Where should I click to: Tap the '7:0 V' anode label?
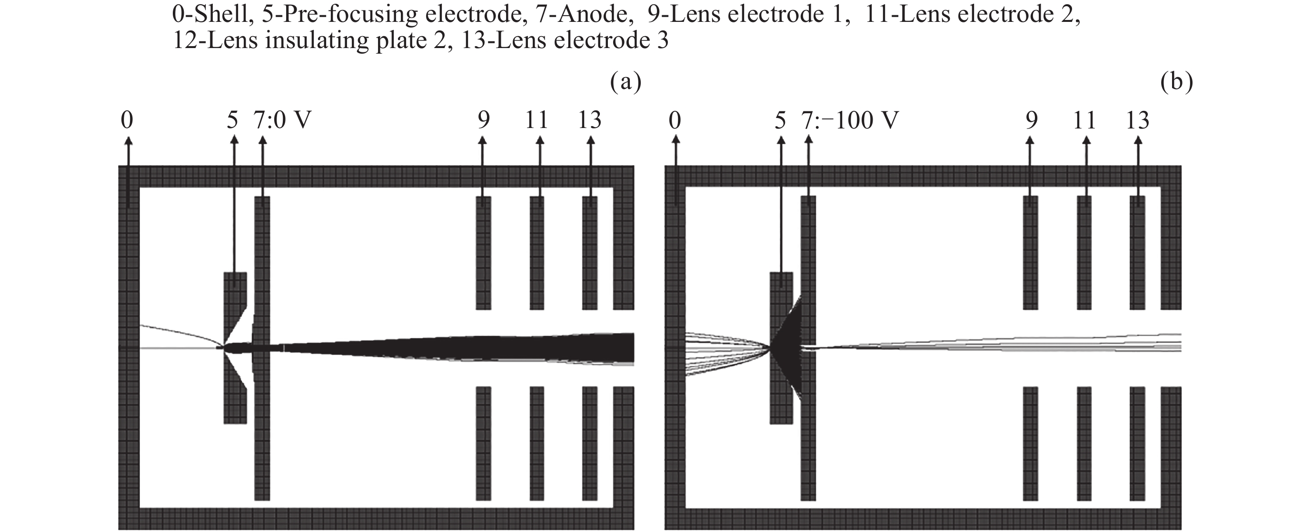point(282,121)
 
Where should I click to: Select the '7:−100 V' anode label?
point(850,121)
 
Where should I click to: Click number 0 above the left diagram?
point(127,121)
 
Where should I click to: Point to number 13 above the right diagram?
point(1137,121)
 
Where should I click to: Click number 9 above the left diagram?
point(483,121)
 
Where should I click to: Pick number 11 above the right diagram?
point(1084,121)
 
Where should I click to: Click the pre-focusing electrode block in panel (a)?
point(235,407)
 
